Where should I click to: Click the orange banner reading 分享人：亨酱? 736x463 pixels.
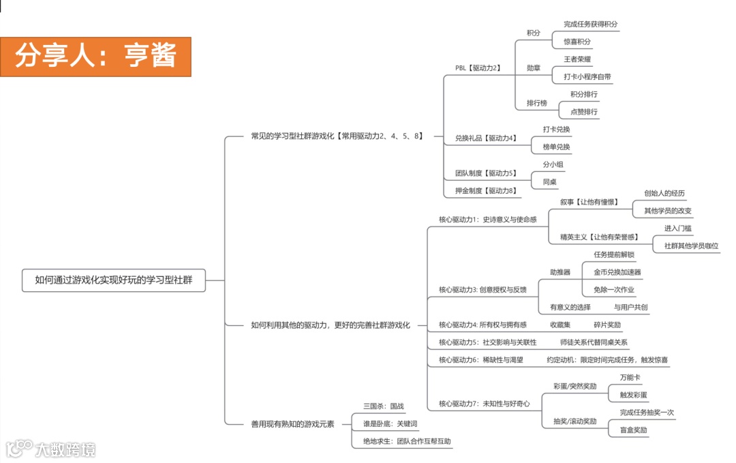click(95, 57)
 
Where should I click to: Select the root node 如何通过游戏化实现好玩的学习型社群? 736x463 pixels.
click(113, 280)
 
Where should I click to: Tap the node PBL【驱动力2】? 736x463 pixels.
click(478, 68)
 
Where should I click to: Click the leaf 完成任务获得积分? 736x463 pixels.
click(591, 24)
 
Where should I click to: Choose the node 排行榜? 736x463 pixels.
click(536, 103)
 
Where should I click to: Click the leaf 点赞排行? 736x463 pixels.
click(583, 112)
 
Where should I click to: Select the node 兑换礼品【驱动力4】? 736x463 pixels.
click(485, 138)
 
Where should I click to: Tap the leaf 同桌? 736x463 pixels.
click(549, 182)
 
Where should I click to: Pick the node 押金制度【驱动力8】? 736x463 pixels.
click(485, 191)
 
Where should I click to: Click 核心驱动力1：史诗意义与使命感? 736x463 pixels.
click(487, 220)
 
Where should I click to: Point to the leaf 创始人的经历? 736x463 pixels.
click(664, 194)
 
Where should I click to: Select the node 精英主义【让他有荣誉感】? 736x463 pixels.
click(599, 237)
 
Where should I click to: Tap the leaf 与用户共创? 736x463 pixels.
click(630, 308)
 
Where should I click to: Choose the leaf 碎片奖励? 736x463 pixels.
click(607, 325)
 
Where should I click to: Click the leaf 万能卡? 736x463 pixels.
click(630, 377)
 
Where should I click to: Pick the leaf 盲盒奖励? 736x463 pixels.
click(633, 430)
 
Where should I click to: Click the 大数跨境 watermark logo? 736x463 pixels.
click(51, 448)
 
